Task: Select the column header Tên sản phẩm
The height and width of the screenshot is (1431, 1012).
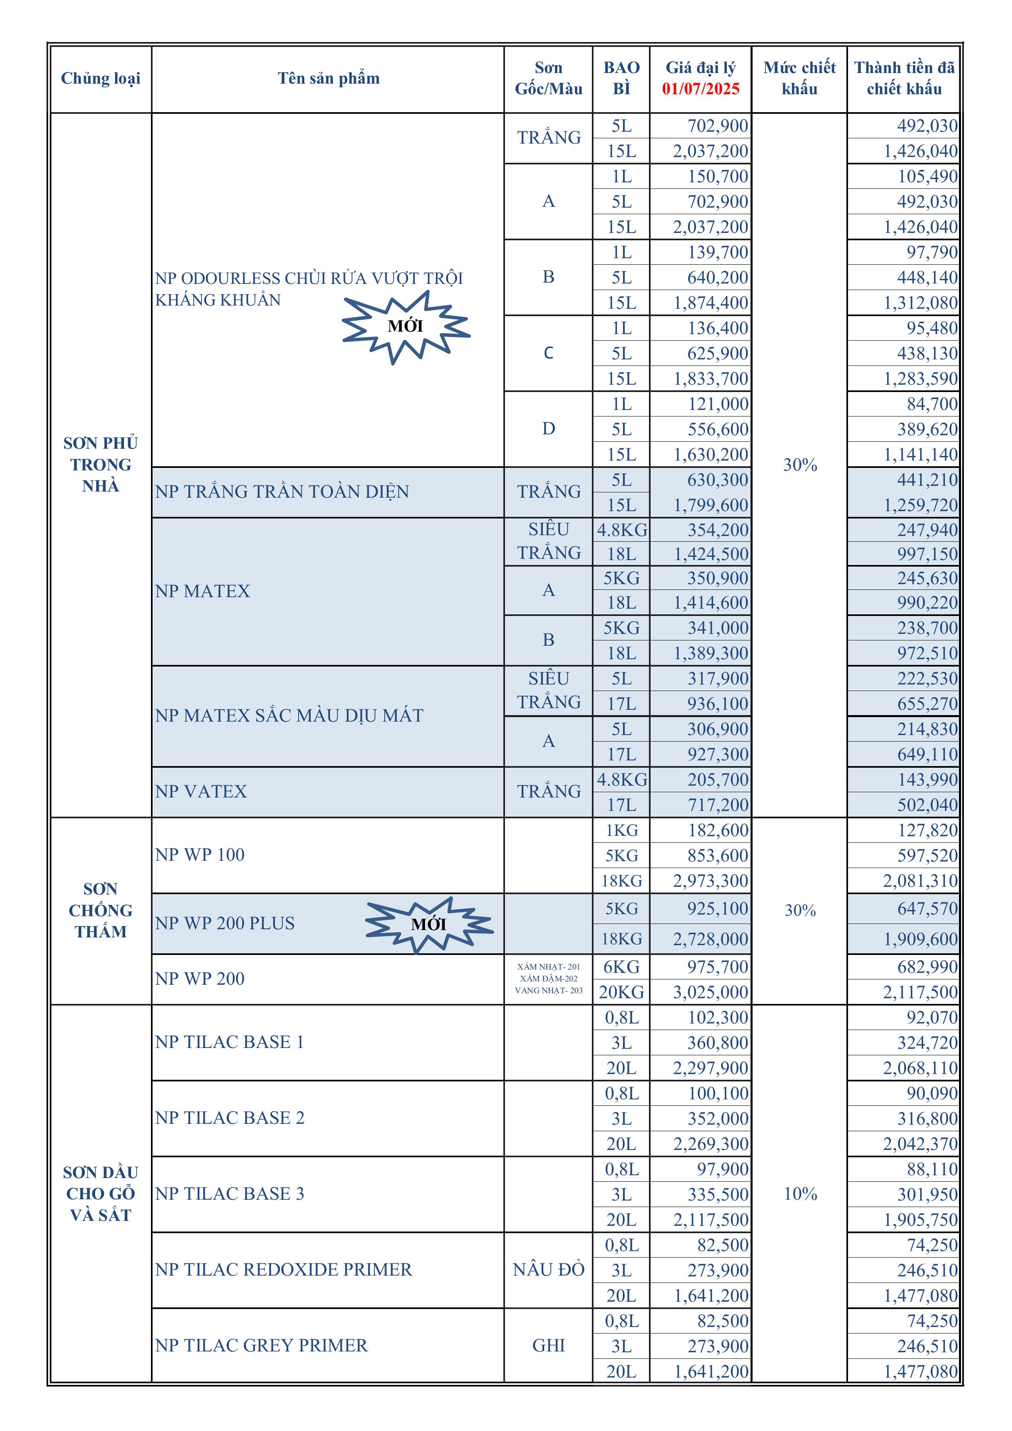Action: tap(328, 79)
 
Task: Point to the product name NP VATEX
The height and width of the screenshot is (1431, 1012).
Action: tap(201, 791)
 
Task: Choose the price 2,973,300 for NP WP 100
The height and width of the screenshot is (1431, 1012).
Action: tap(711, 881)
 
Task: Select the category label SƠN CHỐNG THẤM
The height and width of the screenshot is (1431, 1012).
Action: tap(100, 910)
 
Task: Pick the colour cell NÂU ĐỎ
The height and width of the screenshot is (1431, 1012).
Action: tap(548, 1269)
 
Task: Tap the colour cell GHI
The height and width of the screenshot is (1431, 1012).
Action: tap(548, 1346)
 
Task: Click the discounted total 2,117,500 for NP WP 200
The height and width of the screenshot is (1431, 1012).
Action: tap(920, 992)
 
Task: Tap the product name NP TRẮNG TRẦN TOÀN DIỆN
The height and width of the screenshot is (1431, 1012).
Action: tap(282, 492)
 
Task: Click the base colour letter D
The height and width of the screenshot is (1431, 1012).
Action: tap(548, 429)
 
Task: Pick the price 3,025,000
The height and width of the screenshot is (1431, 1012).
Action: tap(711, 992)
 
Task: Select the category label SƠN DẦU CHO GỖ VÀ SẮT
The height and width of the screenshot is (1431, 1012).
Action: tap(100, 1194)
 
